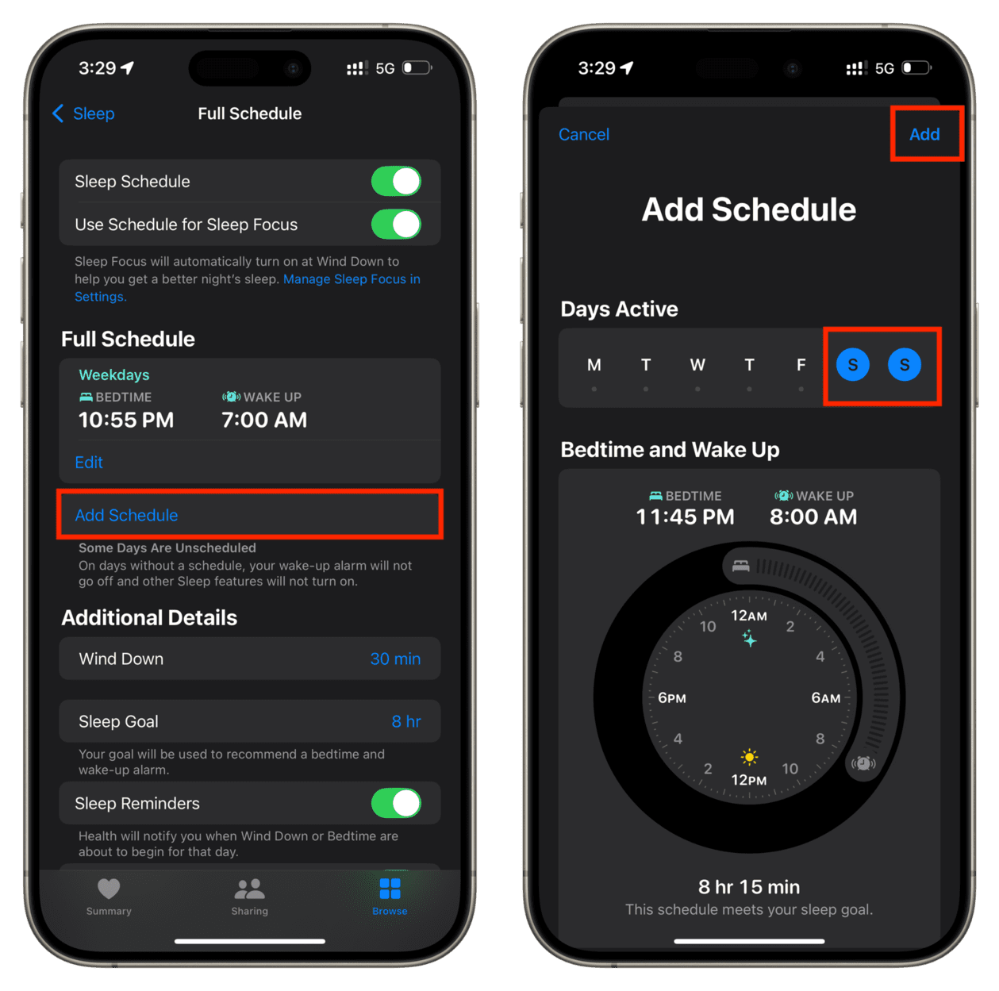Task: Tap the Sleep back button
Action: pyautogui.click(x=83, y=113)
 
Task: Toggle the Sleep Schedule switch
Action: pyautogui.click(x=397, y=182)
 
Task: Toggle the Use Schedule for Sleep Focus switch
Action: pyautogui.click(x=397, y=225)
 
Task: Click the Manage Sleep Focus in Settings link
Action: pyautogui.click(x=351, y=279)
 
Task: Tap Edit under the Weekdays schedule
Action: pyautogui.click(x=89, y=462)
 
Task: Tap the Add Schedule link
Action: pyautogui.click(x=126, y=515)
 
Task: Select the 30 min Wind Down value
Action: pyautogui.click(x=395, y=659)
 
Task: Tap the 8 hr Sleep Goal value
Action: pyautogui.click(x=405, y=721)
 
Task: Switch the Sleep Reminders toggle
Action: pyautogui.click(x=397, y=803)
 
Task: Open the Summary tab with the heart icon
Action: pyautogui.click(x=109, y=896)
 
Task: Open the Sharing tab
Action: pyautogui.click(x=249, y=896)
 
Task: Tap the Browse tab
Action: pyautogui.click(x=390, y=896)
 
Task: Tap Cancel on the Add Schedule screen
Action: pyautogui.click(x=584, y=134)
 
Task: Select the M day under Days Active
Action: pyautogui.click(x=594, y=365)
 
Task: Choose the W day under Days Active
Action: pyautogui.click(x=697, y=365)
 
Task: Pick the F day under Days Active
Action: pyautogui.click(x=801, y=365)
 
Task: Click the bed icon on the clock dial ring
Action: pyautogui.click(x=740, y=566)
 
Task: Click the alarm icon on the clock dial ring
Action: pyautogui.click(x=863, y=763)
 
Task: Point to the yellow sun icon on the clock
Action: pyautogui.click(x=749, y=756)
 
